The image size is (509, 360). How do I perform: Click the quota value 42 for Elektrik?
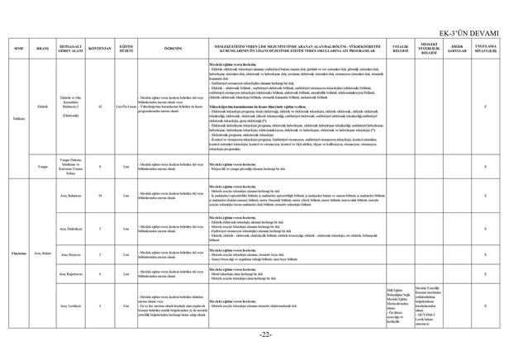[99, 107]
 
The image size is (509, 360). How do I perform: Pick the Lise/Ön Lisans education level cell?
[126, 107]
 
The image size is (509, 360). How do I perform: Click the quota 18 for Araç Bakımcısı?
[99, 196]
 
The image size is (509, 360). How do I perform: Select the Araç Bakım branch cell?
[43, 255]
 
